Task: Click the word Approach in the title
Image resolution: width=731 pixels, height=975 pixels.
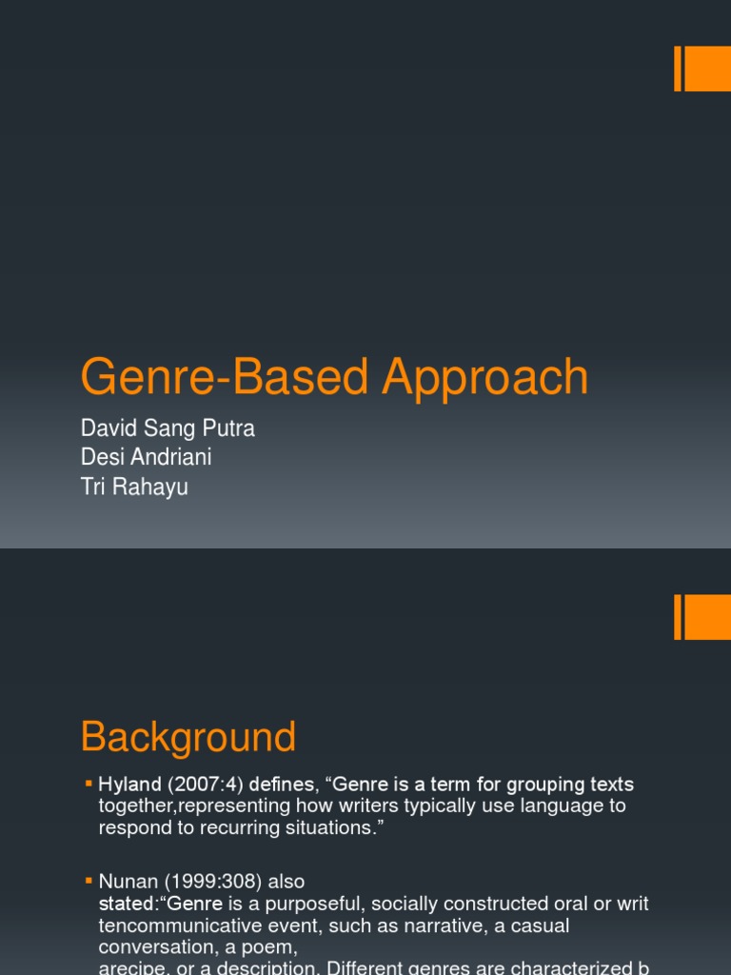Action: point(485,378)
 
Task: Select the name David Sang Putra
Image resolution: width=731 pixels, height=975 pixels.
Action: point(168,428)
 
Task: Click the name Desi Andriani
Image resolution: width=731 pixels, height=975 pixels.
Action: point(147,457)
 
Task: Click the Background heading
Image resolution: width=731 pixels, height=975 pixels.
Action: point(188,738)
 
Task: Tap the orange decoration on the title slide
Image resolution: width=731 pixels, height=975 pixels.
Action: point(702,69)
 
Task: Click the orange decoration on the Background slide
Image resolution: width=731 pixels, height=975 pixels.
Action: point(702,617)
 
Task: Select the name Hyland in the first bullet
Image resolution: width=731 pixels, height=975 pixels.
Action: point(129,785)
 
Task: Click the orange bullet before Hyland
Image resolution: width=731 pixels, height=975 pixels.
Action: point(89,784)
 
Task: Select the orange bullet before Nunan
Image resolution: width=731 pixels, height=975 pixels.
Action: point(89,881)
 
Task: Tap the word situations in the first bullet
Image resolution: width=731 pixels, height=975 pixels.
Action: point(323,826)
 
